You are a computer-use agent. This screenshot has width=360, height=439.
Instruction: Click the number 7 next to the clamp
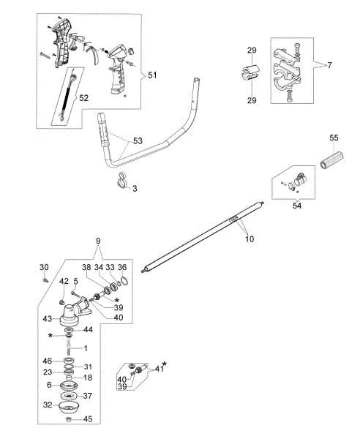pos(330,65)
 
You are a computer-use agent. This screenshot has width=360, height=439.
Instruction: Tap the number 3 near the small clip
pos(135,188)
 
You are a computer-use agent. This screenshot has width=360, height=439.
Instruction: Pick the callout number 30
pos(43,267)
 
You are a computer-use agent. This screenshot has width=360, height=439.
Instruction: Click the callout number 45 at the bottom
pos(89,419)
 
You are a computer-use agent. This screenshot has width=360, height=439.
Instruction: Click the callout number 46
pos(48,361)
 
